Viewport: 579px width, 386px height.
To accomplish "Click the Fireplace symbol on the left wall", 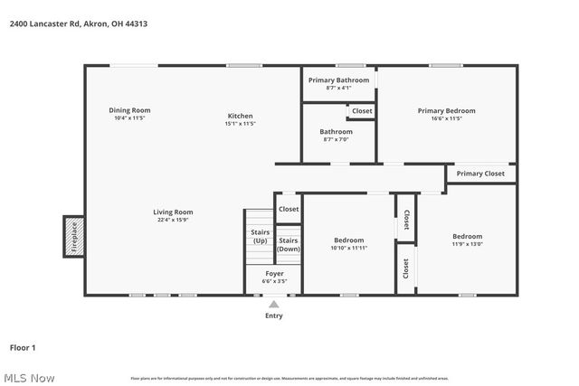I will click(74, 236).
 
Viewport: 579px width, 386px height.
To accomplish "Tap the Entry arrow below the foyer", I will click(273, 306).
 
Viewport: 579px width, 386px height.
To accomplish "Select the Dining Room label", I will click(129, 110).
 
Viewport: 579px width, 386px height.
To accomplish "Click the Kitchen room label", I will click(240, 116).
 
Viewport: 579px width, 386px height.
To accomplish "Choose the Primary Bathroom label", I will click(338, 80).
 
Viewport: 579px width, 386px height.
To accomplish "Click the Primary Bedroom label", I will click(446, 110).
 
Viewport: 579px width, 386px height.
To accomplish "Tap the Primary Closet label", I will click(480, 174).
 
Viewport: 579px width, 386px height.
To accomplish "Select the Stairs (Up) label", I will click(260, 237).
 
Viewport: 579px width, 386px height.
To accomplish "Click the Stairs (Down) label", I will click(288, 244).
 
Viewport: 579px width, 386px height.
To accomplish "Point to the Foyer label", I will click(274, 273).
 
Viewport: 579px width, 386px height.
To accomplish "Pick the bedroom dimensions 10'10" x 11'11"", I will click(348, 248).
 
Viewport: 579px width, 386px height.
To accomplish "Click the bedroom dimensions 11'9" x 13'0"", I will click(467, 244).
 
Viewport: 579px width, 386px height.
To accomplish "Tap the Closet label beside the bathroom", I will click(362, 111).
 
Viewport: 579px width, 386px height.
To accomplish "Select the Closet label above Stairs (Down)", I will click(289, 209).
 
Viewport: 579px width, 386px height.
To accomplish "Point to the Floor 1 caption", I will click(23, 347).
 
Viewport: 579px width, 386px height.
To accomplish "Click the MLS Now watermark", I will click(28, 378).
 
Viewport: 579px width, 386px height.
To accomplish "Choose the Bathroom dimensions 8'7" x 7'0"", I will click(336, 139).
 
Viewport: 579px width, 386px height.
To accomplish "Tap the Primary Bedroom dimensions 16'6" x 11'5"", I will click(446, 118).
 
